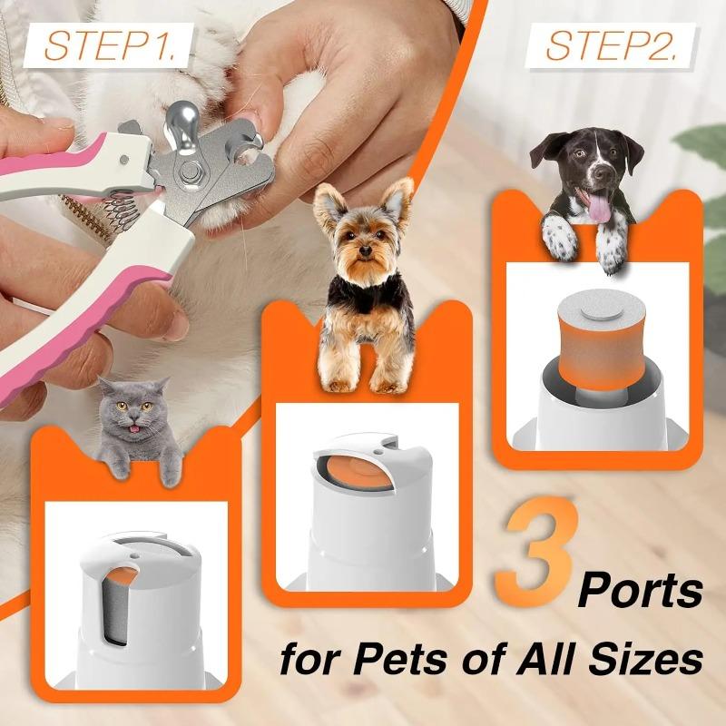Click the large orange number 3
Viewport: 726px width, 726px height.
click(535, 554)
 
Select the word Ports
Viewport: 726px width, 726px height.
click(641, 591)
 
